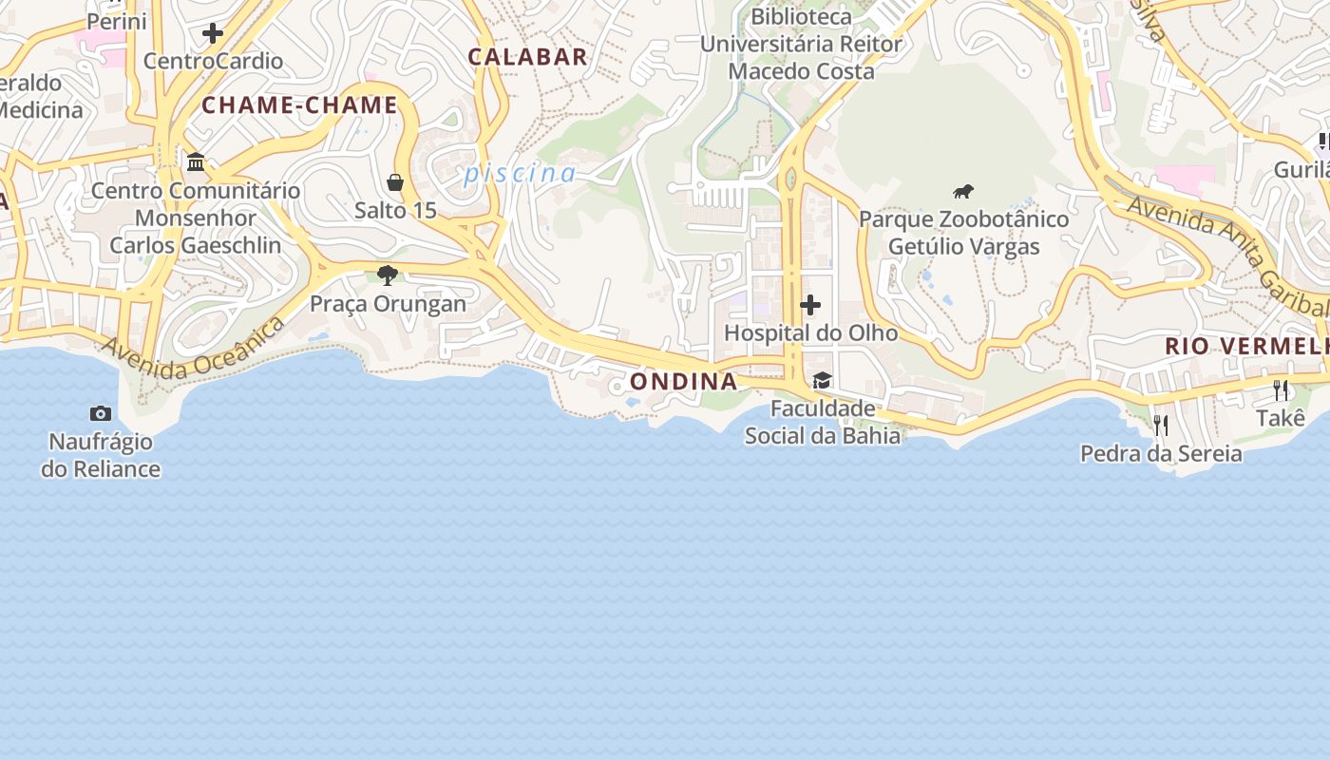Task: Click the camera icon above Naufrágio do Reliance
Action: coord(101,413)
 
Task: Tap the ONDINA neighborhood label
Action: coord(683,382)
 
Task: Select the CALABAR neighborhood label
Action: coord(528,57)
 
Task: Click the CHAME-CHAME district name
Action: coord(299,105)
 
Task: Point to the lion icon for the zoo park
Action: coord(963,192)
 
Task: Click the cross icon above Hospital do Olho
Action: coord(810,305)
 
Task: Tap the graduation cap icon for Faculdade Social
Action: coord(822,381)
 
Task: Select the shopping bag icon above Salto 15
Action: coord(395,182)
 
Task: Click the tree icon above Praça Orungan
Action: coord(387,275)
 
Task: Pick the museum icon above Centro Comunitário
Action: coord(196,161)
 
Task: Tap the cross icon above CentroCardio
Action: coord(213,33)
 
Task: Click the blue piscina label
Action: coord(520,174)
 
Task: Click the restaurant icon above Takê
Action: coord(1281,389)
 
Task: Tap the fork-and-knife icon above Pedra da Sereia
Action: coord(1161,425)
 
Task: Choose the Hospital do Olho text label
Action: coord(810,333)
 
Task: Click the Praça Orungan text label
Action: coord(388,304)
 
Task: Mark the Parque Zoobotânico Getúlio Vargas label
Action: coord(963,233)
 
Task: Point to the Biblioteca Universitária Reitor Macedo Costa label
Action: coord(801,44)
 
